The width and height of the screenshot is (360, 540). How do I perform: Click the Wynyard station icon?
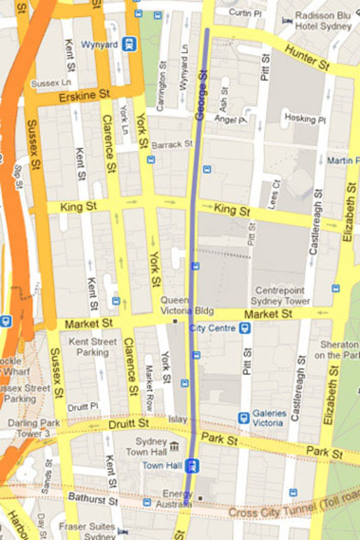[x=129, y=44]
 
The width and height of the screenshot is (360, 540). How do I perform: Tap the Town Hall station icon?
[x=193, y=465]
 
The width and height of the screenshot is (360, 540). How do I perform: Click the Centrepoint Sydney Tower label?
[x=280, y=295]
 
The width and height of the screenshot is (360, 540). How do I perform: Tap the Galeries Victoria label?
[x=269, y=418]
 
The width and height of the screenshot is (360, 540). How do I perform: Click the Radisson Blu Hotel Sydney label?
[x=323, y=21]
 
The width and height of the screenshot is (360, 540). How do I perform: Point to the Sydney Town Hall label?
[x=151, y=447]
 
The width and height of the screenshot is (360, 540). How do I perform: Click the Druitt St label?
[x=128, y=424]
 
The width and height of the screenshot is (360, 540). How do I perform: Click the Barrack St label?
[x=172, y=144]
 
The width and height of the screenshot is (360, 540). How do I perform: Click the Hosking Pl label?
[x=300, y=118]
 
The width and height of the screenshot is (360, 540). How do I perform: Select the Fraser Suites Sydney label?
[x=87, y=531]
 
